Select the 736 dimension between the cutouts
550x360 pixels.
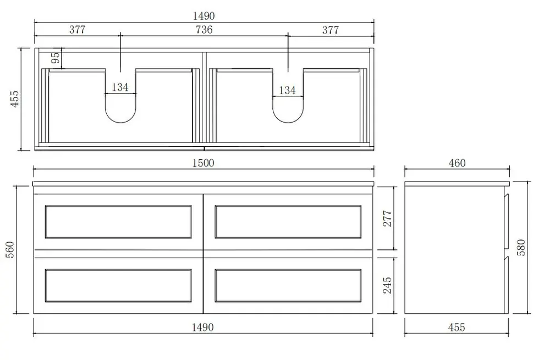(x=204, y=30)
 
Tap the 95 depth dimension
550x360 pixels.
(x=55, y=58)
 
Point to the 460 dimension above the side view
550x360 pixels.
(x=457, y=163)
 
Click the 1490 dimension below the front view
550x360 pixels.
(x=203, y=328)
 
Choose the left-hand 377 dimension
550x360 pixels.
(x=78, y=30)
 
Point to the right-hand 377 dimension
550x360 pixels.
(x=331, y=30)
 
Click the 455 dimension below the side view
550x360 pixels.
(x=457, y=328)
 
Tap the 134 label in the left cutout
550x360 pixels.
(x=120, y=86)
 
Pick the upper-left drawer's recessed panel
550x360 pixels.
(x=118, y=222)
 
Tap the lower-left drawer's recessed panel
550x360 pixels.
(x=118, y=285)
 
